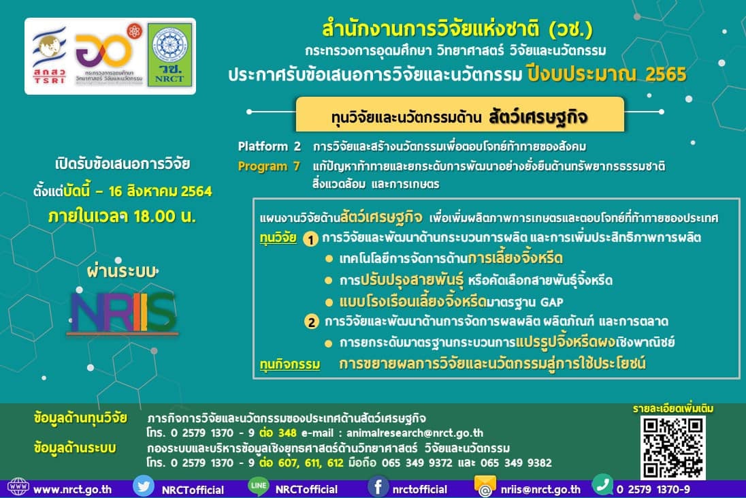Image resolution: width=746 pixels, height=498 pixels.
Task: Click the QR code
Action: (x=672, y=448)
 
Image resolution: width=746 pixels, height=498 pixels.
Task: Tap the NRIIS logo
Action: (x=123, y=313)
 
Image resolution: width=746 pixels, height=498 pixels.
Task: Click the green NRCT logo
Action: (x=169, y=55)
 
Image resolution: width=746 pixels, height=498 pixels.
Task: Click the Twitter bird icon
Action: (x=143, y=486)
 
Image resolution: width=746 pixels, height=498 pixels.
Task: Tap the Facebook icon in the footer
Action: (x=378, y=487)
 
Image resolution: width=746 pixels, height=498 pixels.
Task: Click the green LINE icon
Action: (x=259, y=486)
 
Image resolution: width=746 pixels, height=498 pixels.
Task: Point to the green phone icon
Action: (x=602, y=485)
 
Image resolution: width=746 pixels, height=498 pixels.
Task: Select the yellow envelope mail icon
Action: (x=485, y=486)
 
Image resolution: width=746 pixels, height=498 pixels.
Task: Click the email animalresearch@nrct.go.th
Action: (x=415, y=433)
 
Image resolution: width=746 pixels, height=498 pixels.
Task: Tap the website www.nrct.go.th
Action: (x=72, y=489)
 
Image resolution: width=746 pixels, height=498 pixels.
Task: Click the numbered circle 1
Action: (x=310, y=239)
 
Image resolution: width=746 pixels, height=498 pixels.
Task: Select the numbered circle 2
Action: (x=311, y=322)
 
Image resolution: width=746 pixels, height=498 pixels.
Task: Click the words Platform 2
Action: (x=270, y=146)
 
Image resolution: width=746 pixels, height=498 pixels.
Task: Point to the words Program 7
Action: (x=269, y=166)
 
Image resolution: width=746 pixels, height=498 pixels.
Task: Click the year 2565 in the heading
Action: (x=666, y=74)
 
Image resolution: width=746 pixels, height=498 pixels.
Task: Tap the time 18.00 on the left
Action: (x=154, y=216)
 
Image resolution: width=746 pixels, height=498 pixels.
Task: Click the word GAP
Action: (x=551, y=302)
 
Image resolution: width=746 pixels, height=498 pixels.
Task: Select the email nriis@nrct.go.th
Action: (x=540, y=489)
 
